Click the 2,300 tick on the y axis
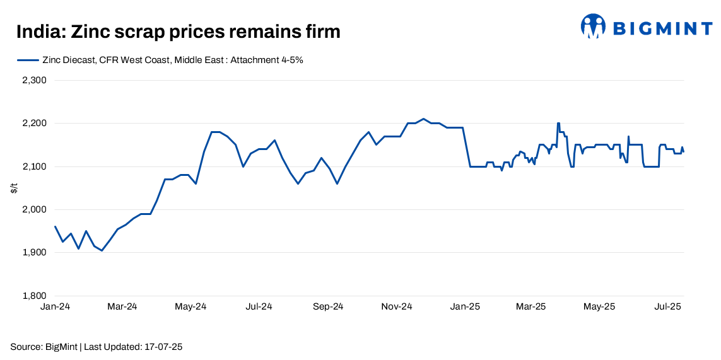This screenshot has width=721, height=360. pyautogui.click(x=35, y=81)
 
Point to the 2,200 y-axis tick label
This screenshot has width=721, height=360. pyautogui.click(x=35, y=124)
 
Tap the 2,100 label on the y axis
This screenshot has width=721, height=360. pyautogui.click(x=35, y=166)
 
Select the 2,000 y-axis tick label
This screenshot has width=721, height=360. pyautogui.click(x=35, y=209)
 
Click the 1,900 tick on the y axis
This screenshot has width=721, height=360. pyautogui.click(x=35, y=253)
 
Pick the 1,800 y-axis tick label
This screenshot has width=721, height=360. pyautogui.click(x=35, y=296)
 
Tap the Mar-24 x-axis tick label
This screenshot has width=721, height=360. pyautogui.click(x=122, y=307)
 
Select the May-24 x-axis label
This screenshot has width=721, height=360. pyautogui.click(x=191, y=307)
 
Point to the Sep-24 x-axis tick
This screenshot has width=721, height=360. pyautogui.click(x=328, y=307)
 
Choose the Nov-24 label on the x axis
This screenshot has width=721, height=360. pyautogui.click(x=397, y=307)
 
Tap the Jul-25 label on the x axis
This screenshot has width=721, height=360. pyautogui.click(x=667, y=307)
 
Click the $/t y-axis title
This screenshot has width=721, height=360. pyautogui.click(x=14, y=188)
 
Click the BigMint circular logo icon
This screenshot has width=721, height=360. pyautogui.click(x=593, y=26)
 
